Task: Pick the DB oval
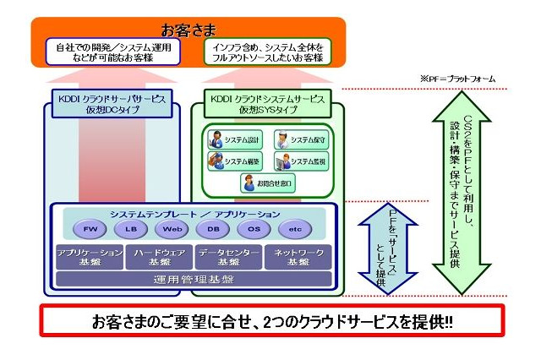213,230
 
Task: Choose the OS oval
254,230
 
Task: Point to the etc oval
294,230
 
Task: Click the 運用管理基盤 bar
194,279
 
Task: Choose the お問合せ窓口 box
267,181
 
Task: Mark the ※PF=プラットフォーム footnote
457,79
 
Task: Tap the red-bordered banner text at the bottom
271,323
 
